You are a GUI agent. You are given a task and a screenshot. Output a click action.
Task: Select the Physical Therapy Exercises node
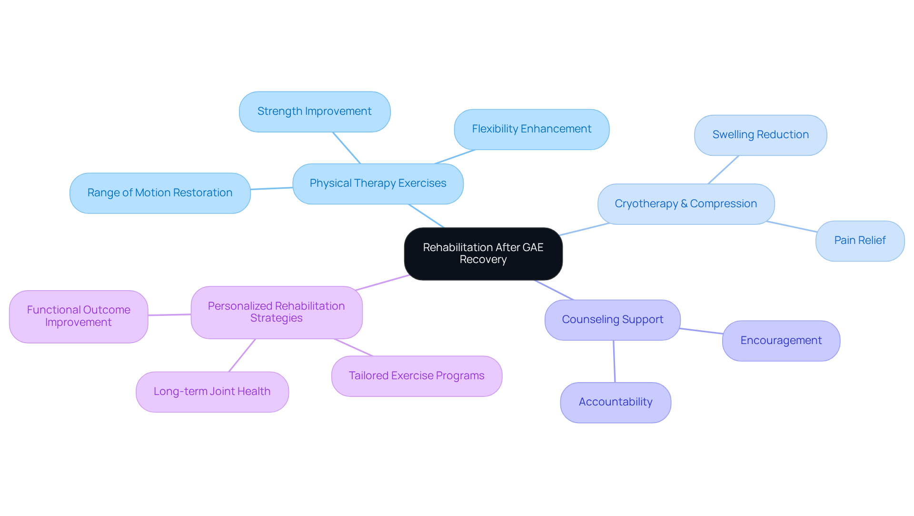coord(378,183)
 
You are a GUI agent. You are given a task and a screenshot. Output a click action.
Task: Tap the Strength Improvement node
coord(314,111)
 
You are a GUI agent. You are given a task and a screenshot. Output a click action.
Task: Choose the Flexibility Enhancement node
coord(531,129)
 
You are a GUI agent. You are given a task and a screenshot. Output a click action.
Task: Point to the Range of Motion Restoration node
coord(159,193)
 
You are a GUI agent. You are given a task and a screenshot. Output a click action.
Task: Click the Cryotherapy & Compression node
coord(685,204)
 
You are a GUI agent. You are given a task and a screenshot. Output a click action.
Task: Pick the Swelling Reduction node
coord(760,135)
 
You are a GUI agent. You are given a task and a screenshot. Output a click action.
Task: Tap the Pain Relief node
coord(860,241)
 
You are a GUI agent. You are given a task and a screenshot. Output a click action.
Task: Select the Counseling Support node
coord(612,320)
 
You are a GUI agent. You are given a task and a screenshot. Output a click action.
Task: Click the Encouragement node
coord(781,341)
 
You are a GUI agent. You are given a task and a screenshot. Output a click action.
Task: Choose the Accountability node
coord(615,402)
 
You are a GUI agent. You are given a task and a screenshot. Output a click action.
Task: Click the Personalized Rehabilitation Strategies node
coord(276,312)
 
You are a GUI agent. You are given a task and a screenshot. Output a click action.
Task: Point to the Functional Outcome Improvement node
coord(79,316)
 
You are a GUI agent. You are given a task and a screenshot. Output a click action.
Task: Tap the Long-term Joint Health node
coord(212,392)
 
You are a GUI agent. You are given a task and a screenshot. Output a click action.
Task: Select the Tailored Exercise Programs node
coord(417,376)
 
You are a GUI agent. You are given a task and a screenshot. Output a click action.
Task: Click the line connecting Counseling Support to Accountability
coord(614,361)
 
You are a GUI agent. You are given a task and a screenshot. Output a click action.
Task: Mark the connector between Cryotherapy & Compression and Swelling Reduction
coord(723,170)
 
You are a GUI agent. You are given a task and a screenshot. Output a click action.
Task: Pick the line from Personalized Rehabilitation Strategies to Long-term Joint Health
coord(242,355)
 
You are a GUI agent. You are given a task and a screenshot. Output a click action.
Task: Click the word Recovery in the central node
coord(483,260)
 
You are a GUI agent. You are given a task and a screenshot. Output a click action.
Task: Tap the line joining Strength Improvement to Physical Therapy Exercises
coord(347,148)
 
